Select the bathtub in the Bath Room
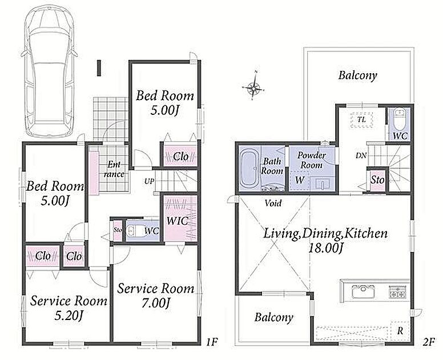point(249,169)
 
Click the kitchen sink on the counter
point(363,291)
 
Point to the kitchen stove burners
point(398,292)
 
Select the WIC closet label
point(177,221)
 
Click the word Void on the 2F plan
point(273,203)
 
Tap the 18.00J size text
point(325,249)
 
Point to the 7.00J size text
point(156,303)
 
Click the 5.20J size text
point(68,315)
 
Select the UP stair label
point(149,181)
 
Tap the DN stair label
point(361,155)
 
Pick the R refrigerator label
point(400,331)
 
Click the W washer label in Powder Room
point(300,179)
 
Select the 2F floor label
point(428,342)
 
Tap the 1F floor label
point(211,342)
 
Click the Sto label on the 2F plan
point(377,180)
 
